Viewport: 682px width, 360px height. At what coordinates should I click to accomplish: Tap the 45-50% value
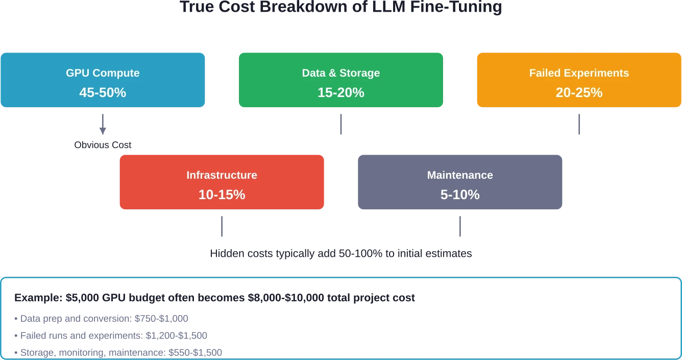pos(103,92)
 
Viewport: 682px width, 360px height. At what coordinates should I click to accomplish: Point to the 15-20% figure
pos(341,92)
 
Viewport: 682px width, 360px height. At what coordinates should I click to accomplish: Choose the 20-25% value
pos(579,92)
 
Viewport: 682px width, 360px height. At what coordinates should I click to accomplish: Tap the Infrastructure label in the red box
pos(222,175)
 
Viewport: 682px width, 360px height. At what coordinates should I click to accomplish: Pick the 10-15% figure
pos(222,195)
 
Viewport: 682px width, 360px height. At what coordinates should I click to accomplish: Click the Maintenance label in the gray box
pos(460,175)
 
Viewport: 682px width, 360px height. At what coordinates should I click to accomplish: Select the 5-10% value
pos(460,195)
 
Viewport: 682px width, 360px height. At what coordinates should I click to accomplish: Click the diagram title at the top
pos(341,7)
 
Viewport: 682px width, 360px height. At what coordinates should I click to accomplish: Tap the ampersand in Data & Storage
pos(333,73)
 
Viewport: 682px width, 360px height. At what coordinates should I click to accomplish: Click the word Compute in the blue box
pos(117,73)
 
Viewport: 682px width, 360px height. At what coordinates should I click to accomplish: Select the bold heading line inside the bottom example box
pos(214,297)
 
